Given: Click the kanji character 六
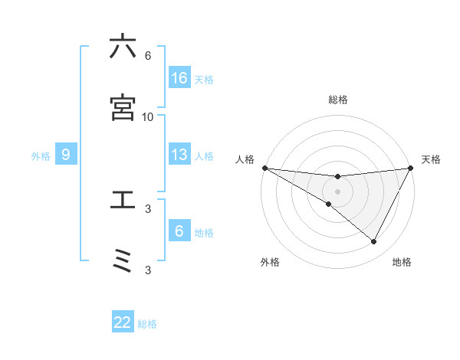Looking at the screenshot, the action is point(123,47).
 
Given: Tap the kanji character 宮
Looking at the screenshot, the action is point(123,108).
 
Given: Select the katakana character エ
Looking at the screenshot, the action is point(123,200).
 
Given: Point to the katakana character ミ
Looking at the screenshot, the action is point(123,261).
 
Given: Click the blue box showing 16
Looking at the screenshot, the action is point(179,78).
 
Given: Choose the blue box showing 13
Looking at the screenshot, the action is point(179,155).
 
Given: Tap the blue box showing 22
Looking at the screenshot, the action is point(123,322).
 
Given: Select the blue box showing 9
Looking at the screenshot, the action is point(66,155).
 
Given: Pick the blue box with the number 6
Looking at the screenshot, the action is point(179,231).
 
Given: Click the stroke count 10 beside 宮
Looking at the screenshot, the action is point(147,116).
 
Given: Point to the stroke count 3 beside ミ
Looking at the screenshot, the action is point(147,270).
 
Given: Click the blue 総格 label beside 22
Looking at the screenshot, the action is point(147,324).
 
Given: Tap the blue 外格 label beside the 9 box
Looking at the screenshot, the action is point(41,155).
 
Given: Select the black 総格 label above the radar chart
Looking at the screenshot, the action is point(337,100).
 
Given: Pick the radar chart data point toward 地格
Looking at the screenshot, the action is point(374,242).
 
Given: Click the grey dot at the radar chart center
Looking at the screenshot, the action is point(337,191).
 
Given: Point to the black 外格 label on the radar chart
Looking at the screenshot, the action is point(270,262).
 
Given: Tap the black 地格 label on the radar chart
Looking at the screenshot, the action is point(402,262).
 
